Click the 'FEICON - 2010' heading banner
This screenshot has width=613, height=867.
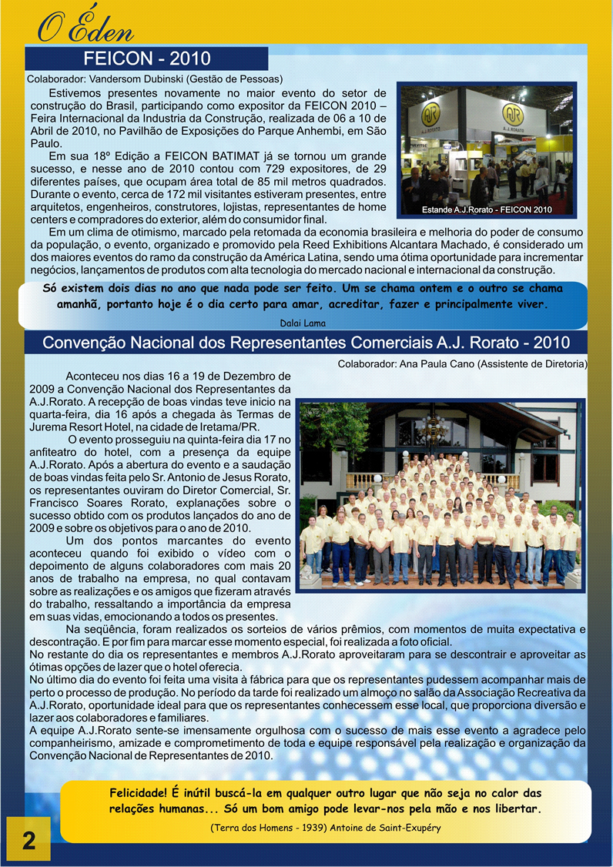click(146, 59)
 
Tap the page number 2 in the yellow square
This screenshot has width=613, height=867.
click(28, 840)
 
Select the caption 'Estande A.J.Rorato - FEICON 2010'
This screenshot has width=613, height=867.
click(487, 209)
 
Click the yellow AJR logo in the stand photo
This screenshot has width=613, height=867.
click(436, 116)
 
